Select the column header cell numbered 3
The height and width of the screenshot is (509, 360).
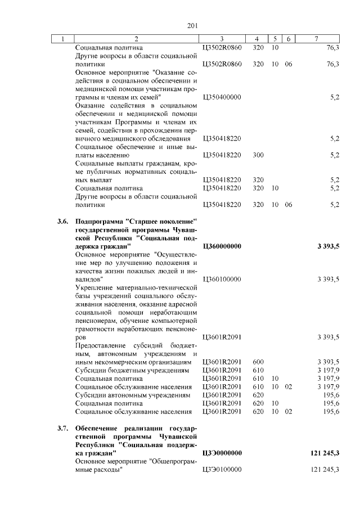222,39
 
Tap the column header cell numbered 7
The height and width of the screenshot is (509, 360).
317,39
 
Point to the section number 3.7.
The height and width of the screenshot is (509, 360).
62,428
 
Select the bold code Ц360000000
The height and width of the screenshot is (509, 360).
222,246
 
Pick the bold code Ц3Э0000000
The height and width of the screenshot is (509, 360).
222,453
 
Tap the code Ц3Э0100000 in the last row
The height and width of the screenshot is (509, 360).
222,470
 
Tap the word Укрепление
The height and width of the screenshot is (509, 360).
92,287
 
